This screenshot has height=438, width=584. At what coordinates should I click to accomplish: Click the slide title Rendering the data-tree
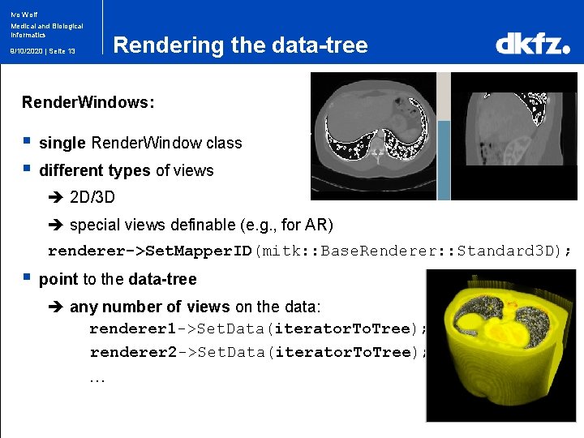point(240,45)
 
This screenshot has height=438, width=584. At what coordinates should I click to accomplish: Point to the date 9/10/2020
point(25,51)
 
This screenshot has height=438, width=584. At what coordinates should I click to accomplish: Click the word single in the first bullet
point(62,144)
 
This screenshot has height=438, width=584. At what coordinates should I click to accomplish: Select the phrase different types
point(94,171)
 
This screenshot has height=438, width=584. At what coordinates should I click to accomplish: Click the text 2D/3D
point(92,198)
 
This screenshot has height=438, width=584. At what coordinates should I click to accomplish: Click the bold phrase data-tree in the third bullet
point(162,280)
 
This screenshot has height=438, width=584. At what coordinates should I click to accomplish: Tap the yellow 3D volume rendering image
point(500,345)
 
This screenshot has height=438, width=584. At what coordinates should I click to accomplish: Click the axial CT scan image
point(374,135)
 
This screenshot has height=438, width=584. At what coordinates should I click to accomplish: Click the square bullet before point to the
point(27,279)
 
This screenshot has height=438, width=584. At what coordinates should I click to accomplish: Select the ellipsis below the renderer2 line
point(97,378)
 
